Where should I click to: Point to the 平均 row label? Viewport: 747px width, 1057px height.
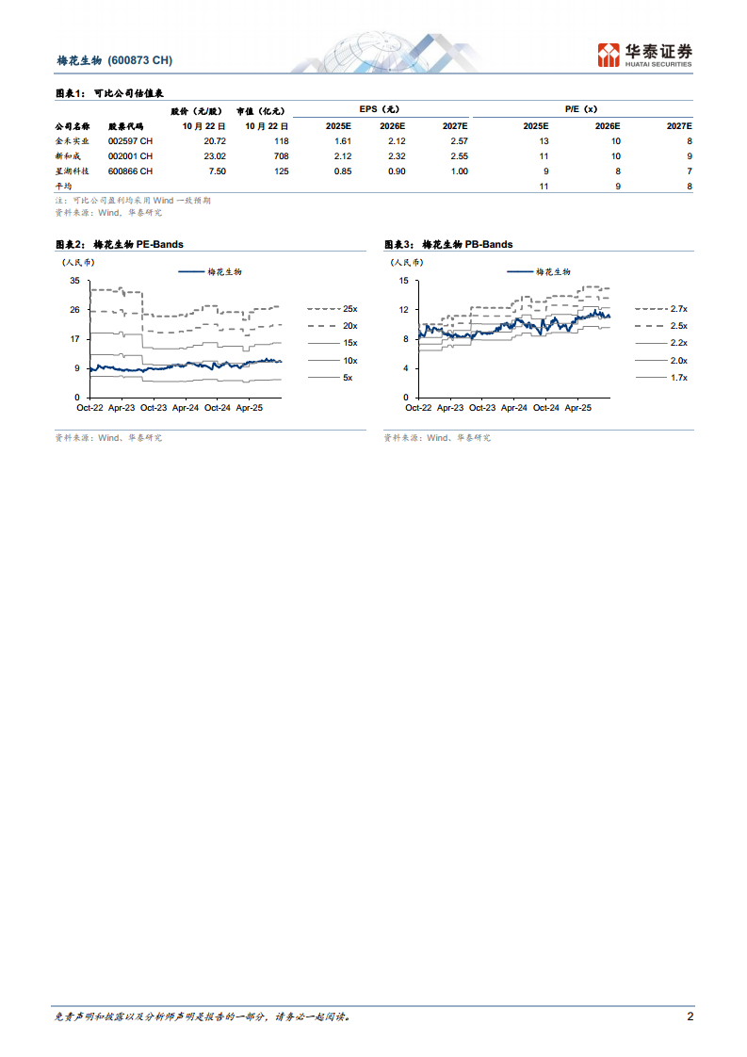tap(64, 187)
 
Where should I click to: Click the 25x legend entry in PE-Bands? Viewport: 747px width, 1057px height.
tap(349, 308)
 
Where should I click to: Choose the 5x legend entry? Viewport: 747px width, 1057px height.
tap(347, 378)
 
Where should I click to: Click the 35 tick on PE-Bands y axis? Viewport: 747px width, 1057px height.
tap(74, 282)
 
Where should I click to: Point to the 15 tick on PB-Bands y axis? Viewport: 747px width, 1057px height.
tap(403, 282)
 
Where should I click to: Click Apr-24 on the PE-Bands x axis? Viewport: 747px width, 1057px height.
tap(186, 408)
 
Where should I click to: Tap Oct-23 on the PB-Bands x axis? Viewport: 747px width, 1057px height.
tap(482, 408)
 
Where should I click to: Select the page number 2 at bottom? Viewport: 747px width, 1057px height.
tap(690, 1016)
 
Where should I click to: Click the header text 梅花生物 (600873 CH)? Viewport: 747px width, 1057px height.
tap(114, 60)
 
